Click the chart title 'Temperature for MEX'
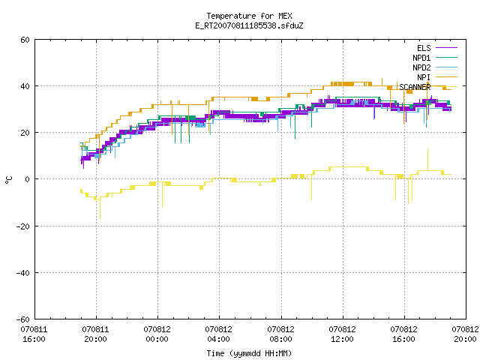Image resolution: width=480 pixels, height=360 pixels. click(249, 16)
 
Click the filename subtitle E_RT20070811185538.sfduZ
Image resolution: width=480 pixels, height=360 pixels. click(249, 25)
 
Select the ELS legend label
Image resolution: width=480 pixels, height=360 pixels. click(424, 48)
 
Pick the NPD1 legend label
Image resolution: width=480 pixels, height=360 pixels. click(421, 58)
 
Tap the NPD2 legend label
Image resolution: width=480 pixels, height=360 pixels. click(421, 67)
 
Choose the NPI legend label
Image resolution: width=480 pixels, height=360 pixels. click(424, 77)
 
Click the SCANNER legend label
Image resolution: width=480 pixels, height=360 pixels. click(415, 87)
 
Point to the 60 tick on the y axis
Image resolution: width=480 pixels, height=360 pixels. click(25, 40)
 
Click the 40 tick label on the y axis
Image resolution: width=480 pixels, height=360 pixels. click(25, 86)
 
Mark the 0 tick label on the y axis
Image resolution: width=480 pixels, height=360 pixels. click(28, 179)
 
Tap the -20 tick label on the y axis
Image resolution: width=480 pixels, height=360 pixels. click(23, 226)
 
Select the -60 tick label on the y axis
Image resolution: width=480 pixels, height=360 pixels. click(23, 319)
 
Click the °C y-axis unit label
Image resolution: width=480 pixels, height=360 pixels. click(9, 180)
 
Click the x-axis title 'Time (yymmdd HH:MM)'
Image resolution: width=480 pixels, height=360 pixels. click(249, 353)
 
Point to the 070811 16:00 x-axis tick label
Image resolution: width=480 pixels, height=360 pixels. click(34, 334)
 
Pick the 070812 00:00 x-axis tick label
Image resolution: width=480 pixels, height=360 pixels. click(157, 334)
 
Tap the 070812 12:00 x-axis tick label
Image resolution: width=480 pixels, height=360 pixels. click(342, 334)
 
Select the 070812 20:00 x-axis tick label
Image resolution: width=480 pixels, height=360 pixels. click(465, 334)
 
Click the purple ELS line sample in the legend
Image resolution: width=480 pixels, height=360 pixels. click(446, 48)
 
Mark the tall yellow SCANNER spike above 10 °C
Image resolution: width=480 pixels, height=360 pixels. click(427, 160)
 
